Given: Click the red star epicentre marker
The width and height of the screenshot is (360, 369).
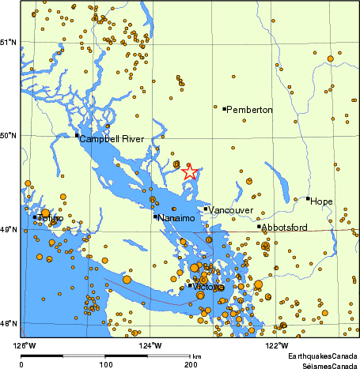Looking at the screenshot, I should (x=190, y=172).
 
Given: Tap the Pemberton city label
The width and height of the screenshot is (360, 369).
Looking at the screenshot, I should (x=249, y=110).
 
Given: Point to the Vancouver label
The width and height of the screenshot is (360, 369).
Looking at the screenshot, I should (x=230, y=210).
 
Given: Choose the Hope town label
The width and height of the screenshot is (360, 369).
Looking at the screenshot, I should (x=322, y=201).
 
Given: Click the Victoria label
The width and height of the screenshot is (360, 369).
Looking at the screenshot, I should (x=209, y=287).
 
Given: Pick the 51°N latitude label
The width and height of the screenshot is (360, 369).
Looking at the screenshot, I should (x=9, y=41).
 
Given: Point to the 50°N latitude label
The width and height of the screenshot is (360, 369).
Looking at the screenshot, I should (x=9, y=135).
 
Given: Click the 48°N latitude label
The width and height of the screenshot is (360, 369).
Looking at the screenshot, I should (x=9, y=323).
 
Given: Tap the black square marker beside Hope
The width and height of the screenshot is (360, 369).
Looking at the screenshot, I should (x=308, y=198).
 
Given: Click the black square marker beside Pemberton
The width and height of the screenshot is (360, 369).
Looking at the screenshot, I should (x=224, y=109).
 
